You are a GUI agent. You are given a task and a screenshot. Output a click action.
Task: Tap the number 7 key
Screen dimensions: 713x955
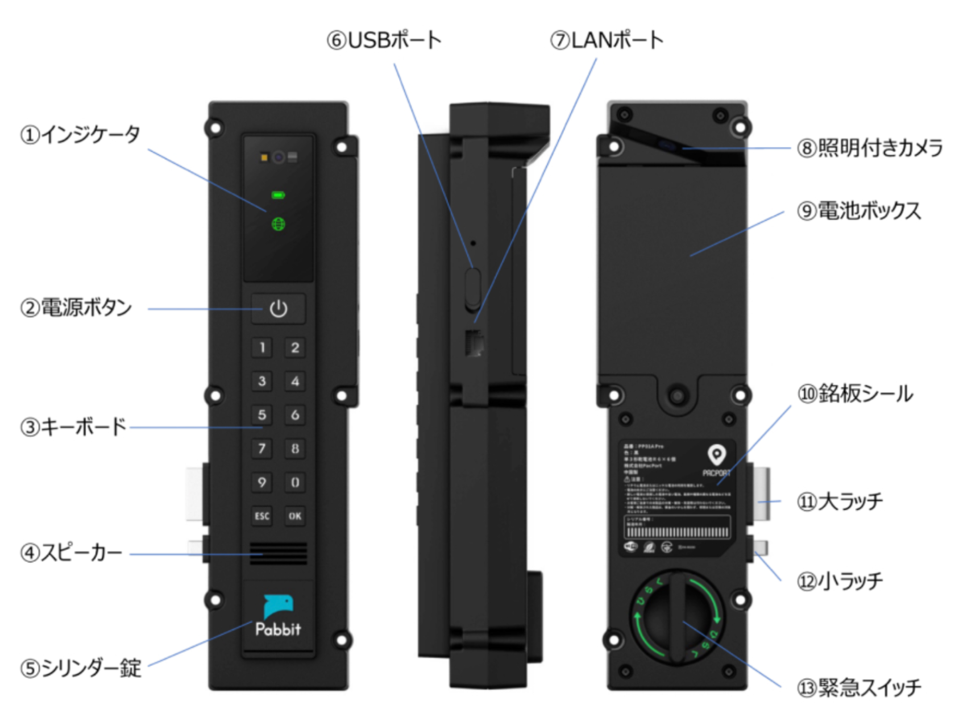coord(262,449)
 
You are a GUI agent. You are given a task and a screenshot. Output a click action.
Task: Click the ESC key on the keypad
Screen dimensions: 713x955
coord(262,516)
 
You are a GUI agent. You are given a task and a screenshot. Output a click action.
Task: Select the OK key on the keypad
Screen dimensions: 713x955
coord(295,516)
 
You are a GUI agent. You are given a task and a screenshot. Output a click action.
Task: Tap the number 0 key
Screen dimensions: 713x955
coord(295,483)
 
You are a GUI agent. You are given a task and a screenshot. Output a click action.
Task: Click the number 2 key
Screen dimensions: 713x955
coord(295,347)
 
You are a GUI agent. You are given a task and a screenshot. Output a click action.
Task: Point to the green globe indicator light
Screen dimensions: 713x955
coord(279,224)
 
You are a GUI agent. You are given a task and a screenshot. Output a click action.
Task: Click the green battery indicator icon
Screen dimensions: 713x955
coord(279,195)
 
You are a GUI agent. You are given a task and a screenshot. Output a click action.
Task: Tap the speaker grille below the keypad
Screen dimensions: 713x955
coord(279,553)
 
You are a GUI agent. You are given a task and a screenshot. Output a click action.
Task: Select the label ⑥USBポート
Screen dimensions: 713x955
coord(384,40)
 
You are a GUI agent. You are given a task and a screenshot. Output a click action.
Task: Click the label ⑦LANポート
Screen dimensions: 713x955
coord(607,40)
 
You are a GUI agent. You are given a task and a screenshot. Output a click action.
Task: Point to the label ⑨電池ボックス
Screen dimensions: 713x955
coord(859,211)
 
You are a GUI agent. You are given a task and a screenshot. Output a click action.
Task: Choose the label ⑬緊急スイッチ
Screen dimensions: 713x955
coord(859,687)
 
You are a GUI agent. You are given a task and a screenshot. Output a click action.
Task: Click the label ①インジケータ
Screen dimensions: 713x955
coord(80,135)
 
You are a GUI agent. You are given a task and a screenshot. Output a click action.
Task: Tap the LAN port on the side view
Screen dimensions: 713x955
coord(475,343)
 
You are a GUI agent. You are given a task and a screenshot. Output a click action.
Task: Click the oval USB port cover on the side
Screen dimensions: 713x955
coord(473,289)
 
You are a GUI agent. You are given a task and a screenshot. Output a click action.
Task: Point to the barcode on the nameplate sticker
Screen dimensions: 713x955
coord(677,532)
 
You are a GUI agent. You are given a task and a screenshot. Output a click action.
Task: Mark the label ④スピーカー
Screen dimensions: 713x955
coord(72,553)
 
